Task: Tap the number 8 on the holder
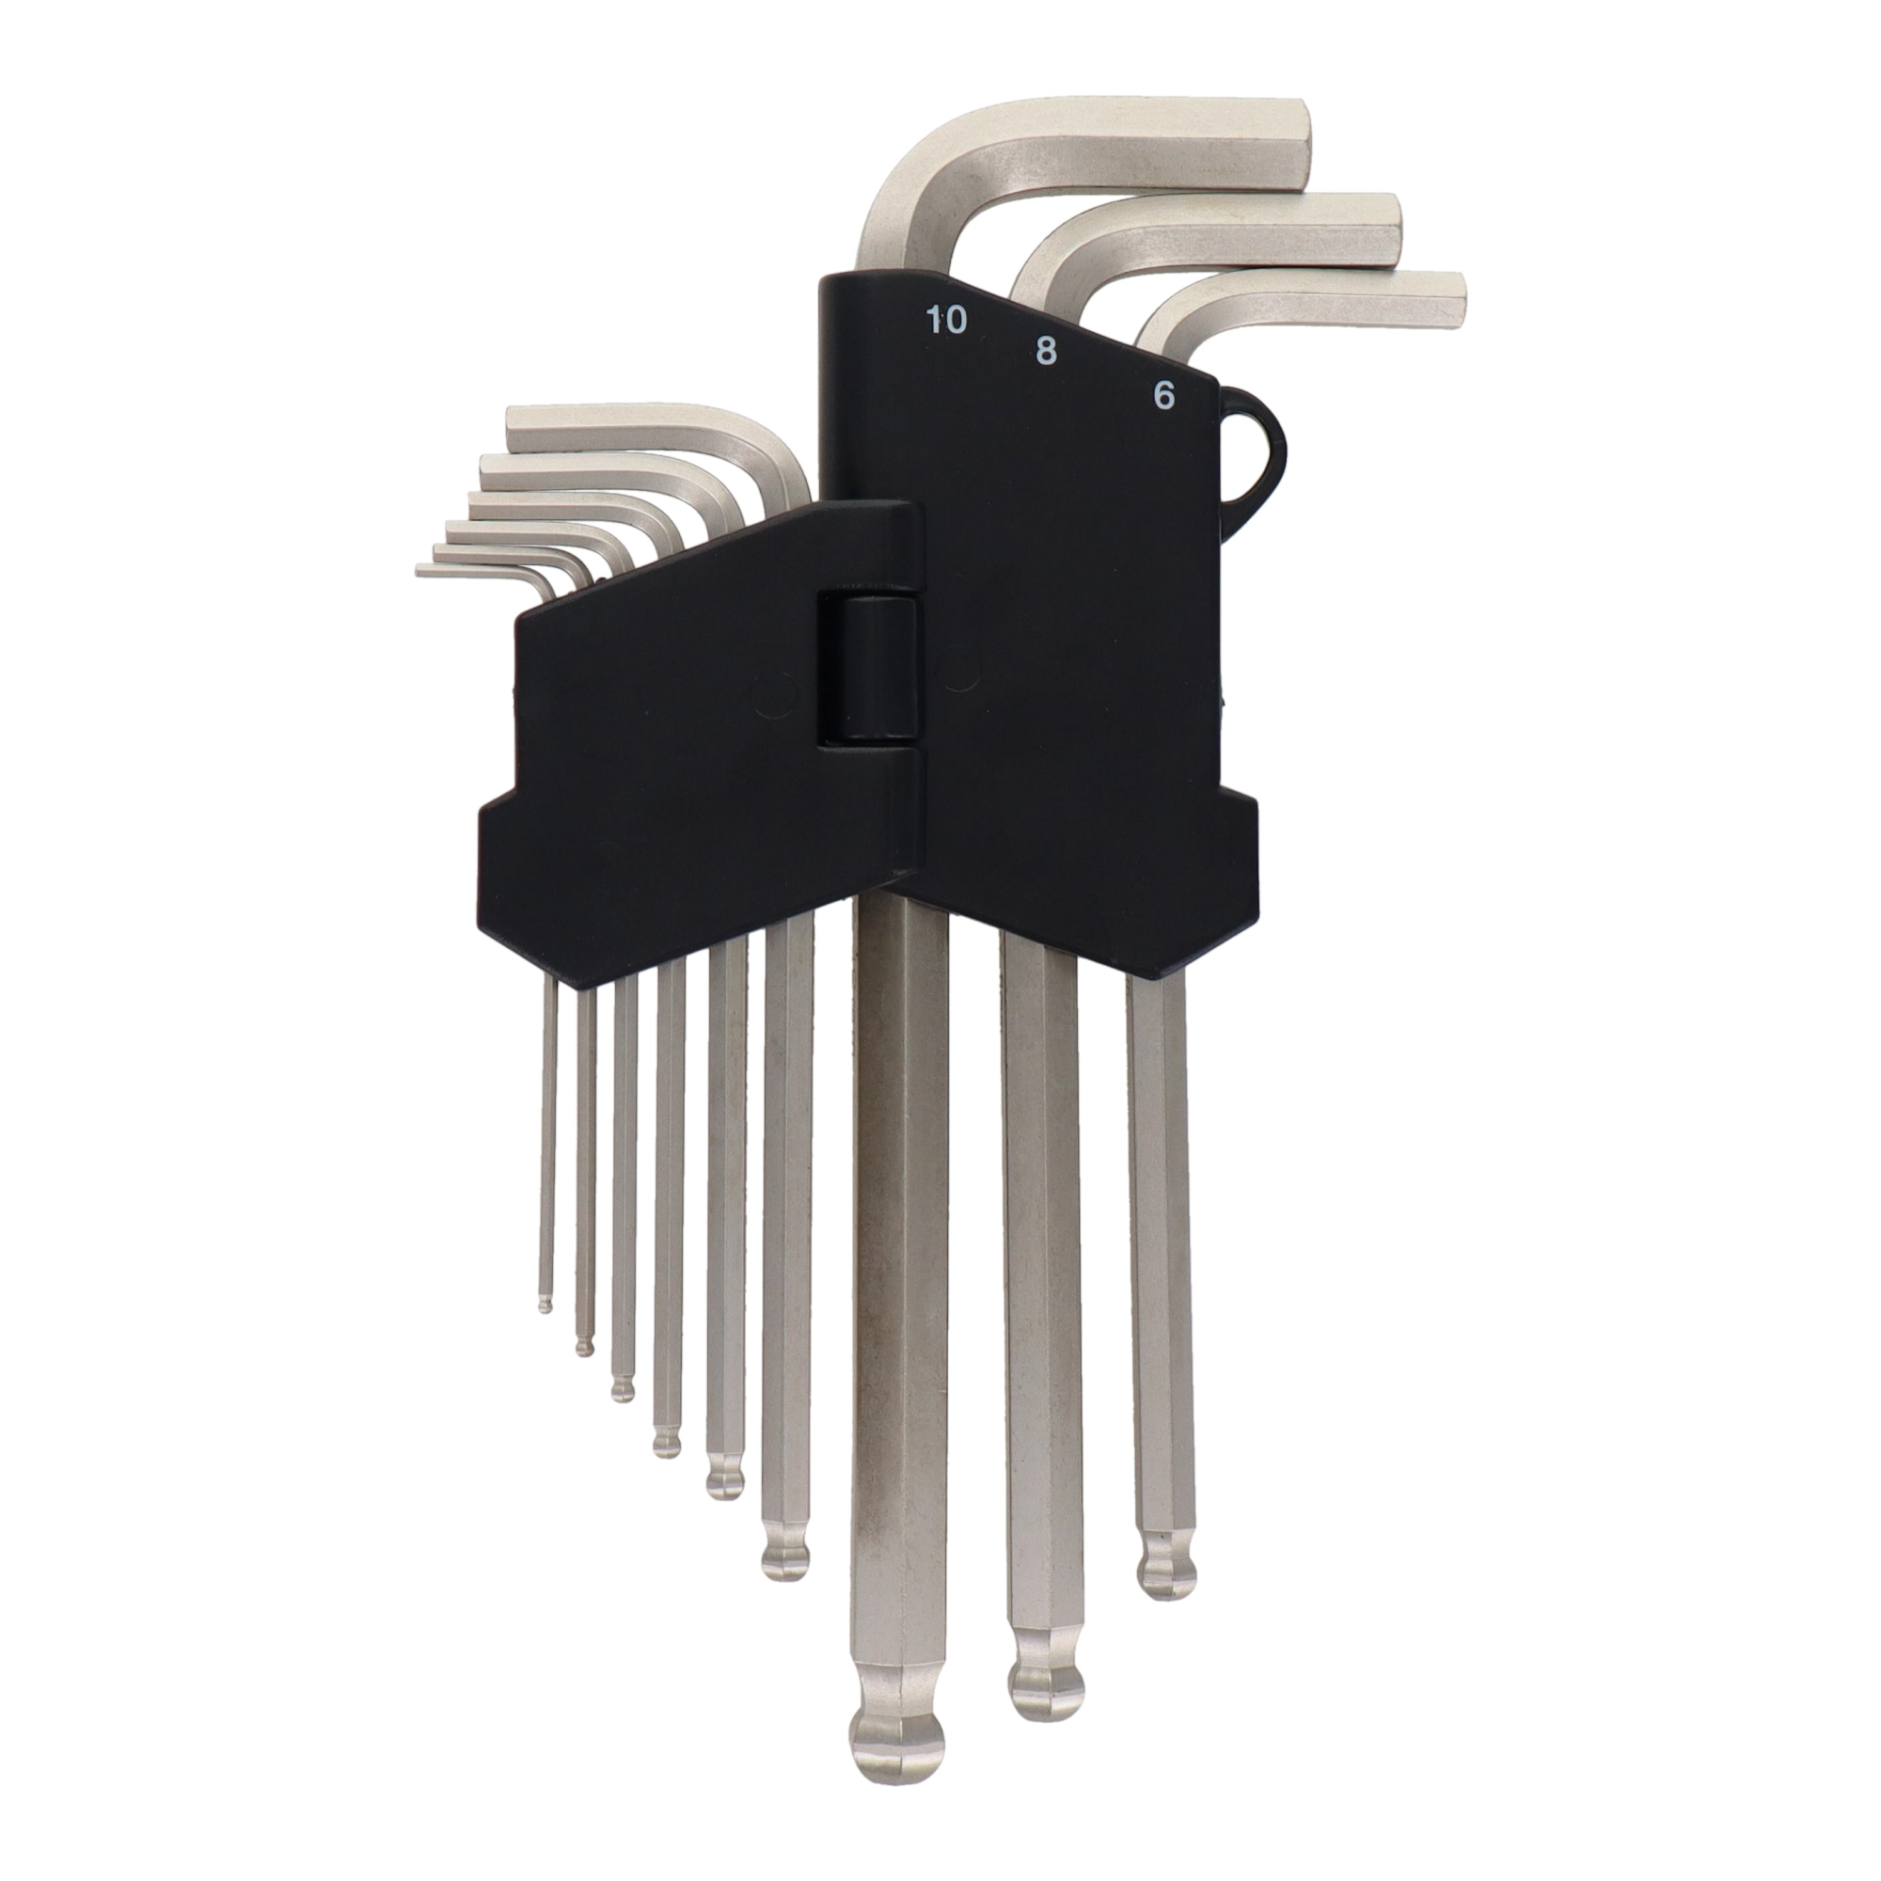click(1046, 352)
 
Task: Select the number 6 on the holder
click(1162, 396)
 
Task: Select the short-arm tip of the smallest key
click(422, 569)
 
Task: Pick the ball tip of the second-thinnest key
click(583, 1345)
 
